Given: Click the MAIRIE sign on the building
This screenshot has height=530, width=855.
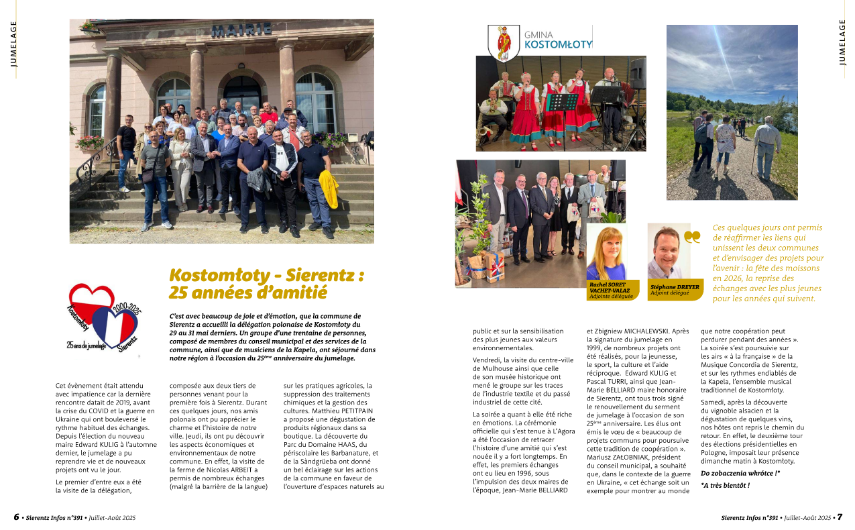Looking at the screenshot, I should click(242, 30).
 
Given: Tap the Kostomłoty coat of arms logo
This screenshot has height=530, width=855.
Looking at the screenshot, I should click(504, 44).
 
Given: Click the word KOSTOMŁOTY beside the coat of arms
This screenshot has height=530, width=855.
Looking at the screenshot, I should click(558, 45).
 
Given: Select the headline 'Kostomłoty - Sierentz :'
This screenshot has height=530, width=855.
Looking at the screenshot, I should click(267, 275).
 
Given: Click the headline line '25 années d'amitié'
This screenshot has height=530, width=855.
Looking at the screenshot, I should click(248, 293).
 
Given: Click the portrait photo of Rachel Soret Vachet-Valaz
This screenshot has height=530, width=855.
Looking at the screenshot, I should click(606, 252).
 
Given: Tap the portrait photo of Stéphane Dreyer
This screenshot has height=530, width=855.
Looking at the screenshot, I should click(668, 252).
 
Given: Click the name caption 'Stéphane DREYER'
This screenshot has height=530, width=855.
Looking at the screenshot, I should click(675, 287).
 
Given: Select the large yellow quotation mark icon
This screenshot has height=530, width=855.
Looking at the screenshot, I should click(692, 236).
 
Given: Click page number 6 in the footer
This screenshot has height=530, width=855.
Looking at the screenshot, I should click(16, 517).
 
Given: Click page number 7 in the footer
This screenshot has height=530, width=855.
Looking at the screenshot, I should click(839, 517).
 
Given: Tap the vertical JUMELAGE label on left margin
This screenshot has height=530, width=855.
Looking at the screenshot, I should click(13, 44).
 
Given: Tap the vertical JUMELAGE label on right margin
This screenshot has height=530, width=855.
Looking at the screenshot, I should click(842, 42).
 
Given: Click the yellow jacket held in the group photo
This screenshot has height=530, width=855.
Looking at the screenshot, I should click(328, 189).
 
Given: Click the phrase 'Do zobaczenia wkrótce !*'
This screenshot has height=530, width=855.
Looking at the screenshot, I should click(740, 474).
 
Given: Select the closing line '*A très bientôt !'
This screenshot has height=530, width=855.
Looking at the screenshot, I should click(725, 485).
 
